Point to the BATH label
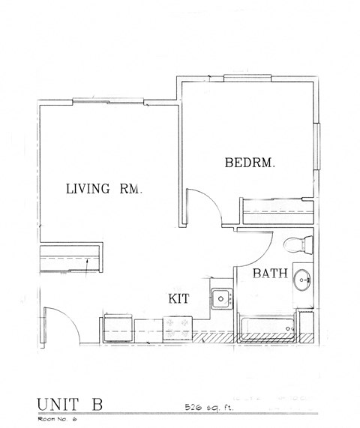point(269,274)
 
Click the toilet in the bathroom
point(297,244)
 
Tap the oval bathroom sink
point(303,281)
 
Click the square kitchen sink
point(220,298)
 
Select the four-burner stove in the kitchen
point(178,327)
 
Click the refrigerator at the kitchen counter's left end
point(116,328)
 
